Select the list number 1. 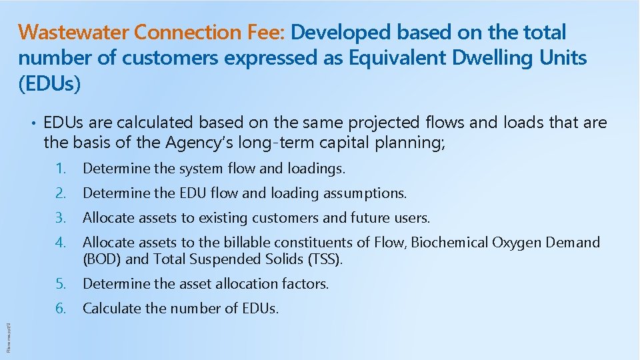tap(61, 169)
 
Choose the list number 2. tap(61, 193)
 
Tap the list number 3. tap(61, 218)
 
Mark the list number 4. tap(61, 243)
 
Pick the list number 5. tap(61, 284)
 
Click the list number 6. tap(61, 309)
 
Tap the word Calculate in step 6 tap(109, 309)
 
